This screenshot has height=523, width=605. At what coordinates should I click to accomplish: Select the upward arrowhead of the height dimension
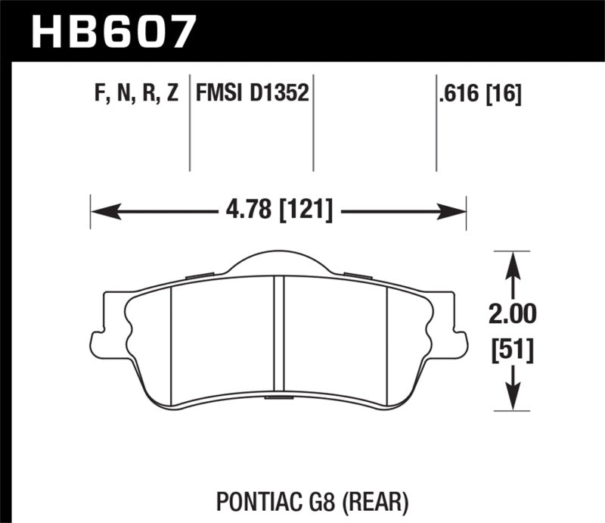point(514,261)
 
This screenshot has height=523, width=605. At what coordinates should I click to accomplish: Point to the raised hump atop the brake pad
point(278,262)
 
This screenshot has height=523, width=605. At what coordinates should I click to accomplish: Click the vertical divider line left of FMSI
point(189,125)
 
